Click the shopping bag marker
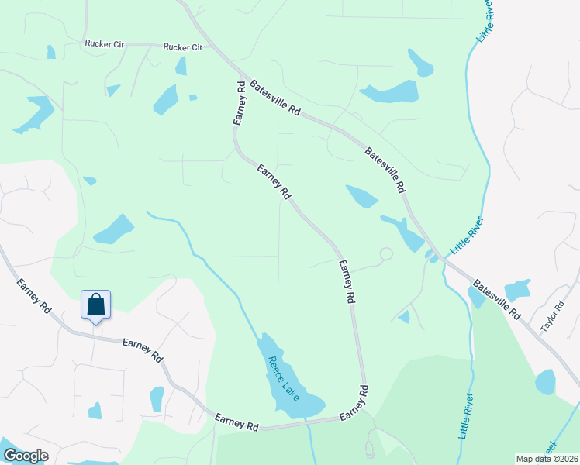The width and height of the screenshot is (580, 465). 95,304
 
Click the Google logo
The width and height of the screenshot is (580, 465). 25,456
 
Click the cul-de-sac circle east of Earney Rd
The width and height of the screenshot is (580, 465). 385,253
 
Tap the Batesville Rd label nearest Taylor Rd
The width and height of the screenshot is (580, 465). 497,298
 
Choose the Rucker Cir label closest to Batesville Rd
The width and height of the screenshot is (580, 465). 182,47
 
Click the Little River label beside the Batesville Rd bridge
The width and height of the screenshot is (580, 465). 466,236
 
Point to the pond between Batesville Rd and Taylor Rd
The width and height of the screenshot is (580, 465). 517,290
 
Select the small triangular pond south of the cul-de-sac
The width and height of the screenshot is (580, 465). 403,316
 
